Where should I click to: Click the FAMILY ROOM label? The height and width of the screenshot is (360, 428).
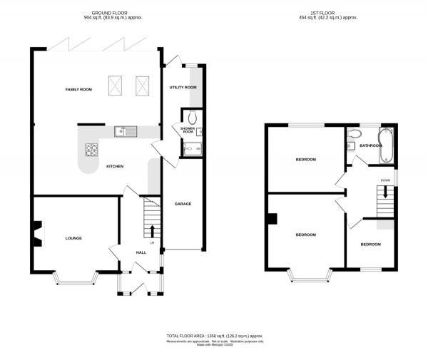(78, 89)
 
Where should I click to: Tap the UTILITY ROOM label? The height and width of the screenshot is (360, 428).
(183, 87)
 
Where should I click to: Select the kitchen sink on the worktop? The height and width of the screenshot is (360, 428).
(125, 131)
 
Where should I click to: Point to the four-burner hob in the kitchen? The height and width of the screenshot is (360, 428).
(92, 150)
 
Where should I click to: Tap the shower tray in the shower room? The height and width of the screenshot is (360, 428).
(192, 148)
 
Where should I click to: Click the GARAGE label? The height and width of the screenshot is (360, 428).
(183, 204)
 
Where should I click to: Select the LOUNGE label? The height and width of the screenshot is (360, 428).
(73, 238)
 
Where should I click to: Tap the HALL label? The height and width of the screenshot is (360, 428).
(141, 252)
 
